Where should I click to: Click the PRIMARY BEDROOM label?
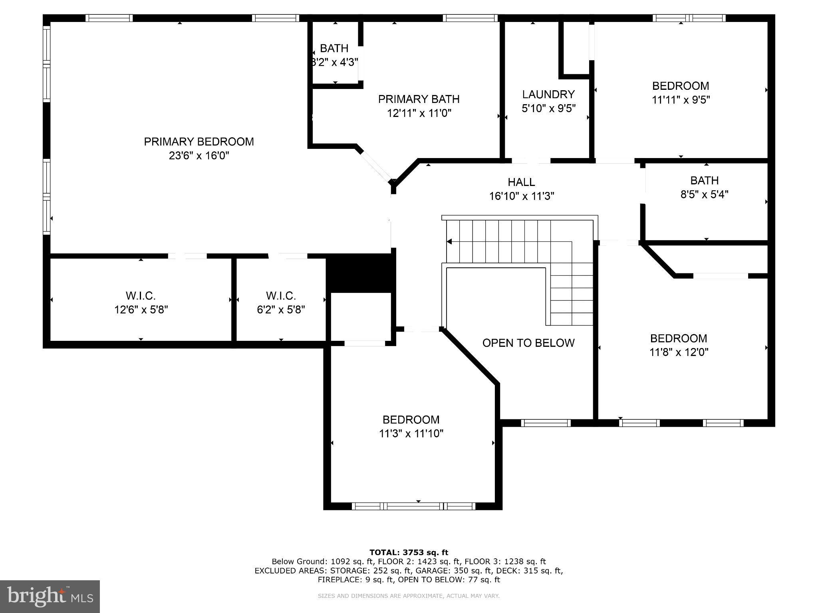pos(199,142)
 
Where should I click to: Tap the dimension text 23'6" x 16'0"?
pos(199,156)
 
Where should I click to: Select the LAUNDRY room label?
pos(548,94)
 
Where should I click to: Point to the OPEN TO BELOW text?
pos(528,343)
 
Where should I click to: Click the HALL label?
pos(521,182)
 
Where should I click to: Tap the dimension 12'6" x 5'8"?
pos(141,310)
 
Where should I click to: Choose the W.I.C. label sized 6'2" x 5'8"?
pos(281,296)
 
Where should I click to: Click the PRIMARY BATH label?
pos(419,99)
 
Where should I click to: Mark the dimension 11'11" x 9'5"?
pos(681,100)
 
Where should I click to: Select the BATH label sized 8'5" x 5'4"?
pos(704,180)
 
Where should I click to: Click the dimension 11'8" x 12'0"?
pos(679,352)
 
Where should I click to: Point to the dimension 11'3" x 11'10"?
pos(411,433)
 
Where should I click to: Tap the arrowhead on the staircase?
pos(449,241)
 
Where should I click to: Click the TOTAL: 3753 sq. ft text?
pos(409,552)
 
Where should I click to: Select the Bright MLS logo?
pos(50,596)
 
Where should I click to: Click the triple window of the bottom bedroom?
pos(413,506)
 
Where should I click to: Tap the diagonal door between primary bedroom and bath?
pos(375,166)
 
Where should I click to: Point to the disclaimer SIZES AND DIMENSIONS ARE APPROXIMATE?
pos(409,596)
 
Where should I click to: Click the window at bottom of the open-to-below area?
pos(546,423)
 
